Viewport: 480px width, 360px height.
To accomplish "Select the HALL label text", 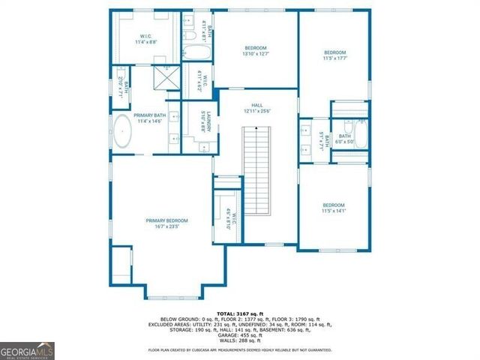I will [257, 107].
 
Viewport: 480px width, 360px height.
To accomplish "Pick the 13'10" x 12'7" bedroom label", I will [256, 50].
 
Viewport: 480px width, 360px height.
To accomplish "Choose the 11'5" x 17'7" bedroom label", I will [334, 55].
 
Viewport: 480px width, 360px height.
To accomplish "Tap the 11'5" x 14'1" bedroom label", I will [334, 208].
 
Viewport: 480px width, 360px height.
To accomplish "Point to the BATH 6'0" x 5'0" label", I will [344, 139].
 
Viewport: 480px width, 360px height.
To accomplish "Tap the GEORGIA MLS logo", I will [27, 349].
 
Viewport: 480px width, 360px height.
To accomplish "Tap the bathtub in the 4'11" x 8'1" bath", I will [196, 53].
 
